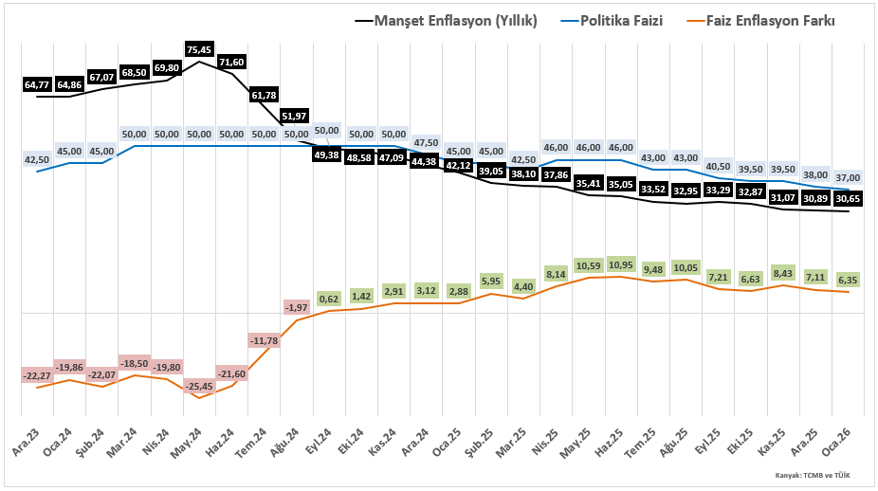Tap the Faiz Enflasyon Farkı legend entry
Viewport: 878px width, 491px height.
(x=770, y=20)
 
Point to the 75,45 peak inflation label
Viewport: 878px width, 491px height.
(x=200, y=49)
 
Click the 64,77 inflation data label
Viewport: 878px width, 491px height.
(x=37, y=84)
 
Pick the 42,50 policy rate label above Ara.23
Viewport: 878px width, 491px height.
(x=37, y=159)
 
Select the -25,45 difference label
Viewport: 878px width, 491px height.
(x=200, y=386)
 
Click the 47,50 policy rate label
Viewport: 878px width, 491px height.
(x=426, y=142)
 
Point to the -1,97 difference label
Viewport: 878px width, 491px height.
(x=298, y=306)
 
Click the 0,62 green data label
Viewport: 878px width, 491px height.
(x=329, y=299)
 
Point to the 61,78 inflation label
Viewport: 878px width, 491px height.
(x=265, y=95)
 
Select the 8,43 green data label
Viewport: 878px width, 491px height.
(x=783, y=272)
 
